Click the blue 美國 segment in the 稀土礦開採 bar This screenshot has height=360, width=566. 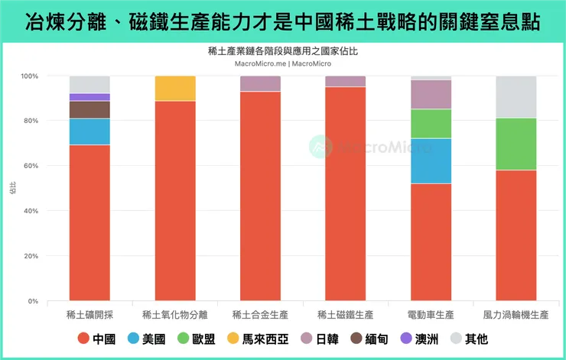pyautogui.click(x=89, y=131)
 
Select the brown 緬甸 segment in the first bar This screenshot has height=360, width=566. pyautogui.click(x=89, y=109)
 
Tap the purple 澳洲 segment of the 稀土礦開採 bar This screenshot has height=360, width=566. pyautogui.click(x=89, y=97)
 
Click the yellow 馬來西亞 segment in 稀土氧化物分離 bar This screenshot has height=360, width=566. pyautogui.click(x=175, y=89)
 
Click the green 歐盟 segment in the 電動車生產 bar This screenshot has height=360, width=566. pyautogui.click(x=431, y=123)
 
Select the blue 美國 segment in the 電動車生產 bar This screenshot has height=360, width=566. pyautogui.click(x=431, y=161)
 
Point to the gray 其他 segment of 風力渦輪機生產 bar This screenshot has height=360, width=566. pyautogui.click(x=516, y=97)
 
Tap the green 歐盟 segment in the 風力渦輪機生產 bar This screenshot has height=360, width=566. pyautogui.click(x=516, y=144)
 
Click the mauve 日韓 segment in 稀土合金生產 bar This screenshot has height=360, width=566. pyautogui.click(x=260, y=83)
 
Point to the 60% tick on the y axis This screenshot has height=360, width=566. pyautogui.click(x=37, y=166)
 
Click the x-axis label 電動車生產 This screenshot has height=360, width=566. pyautogui.click(x=431, y=314)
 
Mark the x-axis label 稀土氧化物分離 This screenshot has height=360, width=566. pyautogui.click(x=175, y=314)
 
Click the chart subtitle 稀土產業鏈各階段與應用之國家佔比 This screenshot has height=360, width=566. pyautogui.click(x=282, y=52)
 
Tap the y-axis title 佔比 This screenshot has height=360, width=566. pyautogui.click(x=12, y=189)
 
